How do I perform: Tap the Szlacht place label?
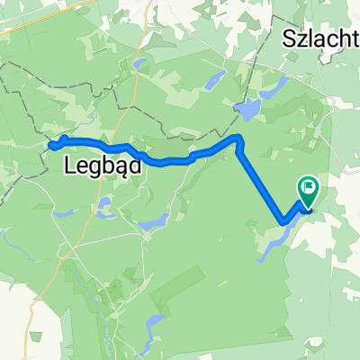pos(320,39)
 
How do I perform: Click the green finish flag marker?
pos(308,186)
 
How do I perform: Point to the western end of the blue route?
pos(50,143)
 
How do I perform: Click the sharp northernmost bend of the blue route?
pos(238,138)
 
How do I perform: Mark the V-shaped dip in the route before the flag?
pos(284,220)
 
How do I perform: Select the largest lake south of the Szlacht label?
pos(246,111)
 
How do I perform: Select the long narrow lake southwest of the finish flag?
pos(274,240)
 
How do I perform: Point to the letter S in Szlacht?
pos(289,39)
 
